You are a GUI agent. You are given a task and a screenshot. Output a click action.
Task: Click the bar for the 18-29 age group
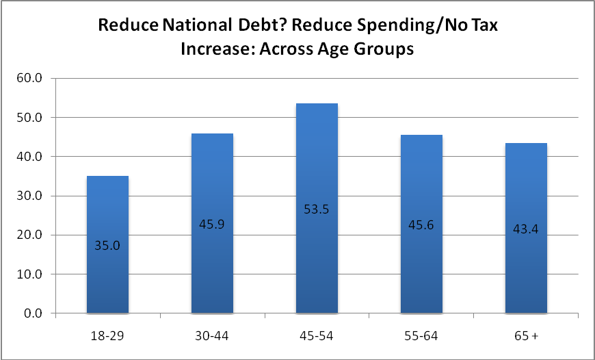(108, 244)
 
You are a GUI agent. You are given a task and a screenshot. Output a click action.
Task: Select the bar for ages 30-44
(212, 223)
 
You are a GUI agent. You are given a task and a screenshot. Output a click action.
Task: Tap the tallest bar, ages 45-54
(317, 209)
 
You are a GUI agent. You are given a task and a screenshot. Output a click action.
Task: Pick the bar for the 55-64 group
(421, 224)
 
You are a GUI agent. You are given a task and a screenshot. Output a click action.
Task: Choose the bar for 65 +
(526, 228)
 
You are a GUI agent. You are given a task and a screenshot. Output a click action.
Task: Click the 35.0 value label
(107, 246)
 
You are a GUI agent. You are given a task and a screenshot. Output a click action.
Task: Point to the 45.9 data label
(212, 224)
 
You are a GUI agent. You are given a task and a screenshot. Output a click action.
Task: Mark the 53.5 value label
(317, 209)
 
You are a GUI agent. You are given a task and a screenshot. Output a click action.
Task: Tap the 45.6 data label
(421, 225)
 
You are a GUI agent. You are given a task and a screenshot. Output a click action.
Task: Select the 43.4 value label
(525, 230)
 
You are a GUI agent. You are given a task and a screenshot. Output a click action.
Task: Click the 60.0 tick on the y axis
(29, 79)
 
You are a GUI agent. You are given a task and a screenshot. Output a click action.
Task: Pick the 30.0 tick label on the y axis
(29, 196)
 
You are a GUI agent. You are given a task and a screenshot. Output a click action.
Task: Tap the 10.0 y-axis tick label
(29, 274)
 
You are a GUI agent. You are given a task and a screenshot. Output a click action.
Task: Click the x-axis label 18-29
(108, 336)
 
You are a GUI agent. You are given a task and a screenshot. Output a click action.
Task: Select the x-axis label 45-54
(317, 336)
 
